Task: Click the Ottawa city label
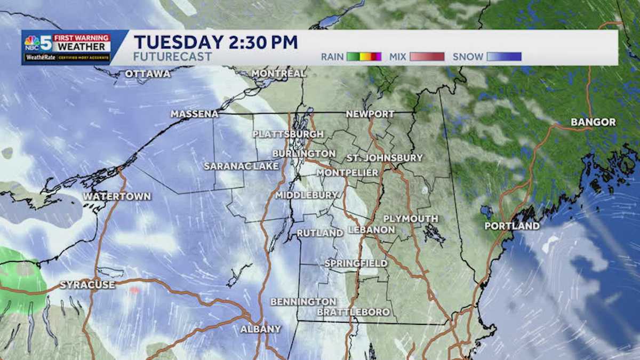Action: click(x=148, y=74)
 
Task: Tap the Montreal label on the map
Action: click(x=278, y=73)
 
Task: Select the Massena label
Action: click(x=195, y=114)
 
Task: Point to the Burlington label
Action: click(x=303, y=154)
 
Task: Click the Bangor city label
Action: click(x=593, y=122)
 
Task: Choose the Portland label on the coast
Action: click(x=511, y=226)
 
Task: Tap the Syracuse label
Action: click(x=87, y=285)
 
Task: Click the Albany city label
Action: click(x=260, y=329)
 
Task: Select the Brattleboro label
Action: click(x=354, y=312)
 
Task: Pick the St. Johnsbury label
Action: click(x=385, y=158)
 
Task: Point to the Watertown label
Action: click(x=117, y=197)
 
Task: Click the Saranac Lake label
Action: click(x=241, y=166)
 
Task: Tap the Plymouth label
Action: click(x=411, y=219)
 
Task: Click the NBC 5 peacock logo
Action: click(x=32, y=42)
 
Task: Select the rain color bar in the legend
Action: click(x=364, y=57)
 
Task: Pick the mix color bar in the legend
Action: click(x=427, y=57)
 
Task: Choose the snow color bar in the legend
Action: click(x=503, y=57)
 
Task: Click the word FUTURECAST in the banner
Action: click(x=173, y=57)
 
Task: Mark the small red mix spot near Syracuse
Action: click(x=134, y=290)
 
